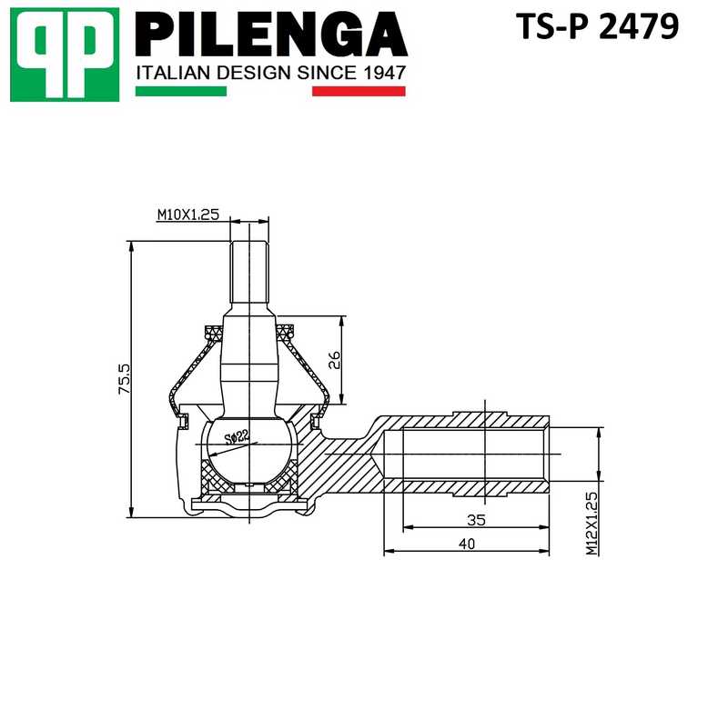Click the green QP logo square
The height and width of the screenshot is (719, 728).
coord(64,54)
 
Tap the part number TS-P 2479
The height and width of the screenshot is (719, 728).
coord(597,27)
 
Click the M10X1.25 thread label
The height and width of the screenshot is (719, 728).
coord(188,215)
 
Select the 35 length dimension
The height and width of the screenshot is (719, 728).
coord(475,520)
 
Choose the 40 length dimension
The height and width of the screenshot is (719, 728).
coord(466,544)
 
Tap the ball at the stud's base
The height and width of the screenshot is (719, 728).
coord(248,445)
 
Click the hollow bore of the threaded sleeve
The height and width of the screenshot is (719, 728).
coord(464,454)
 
